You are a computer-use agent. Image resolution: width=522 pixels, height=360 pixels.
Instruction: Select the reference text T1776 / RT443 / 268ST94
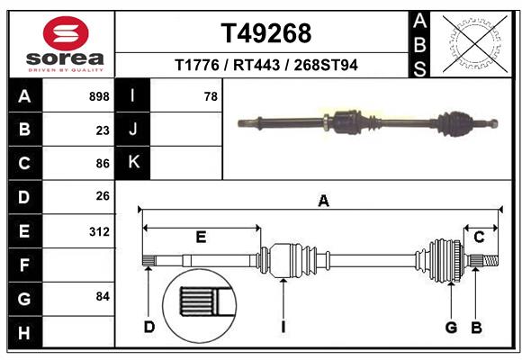click(x=265, y=65)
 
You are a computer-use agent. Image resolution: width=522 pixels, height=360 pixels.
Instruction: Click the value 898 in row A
click(x=99, y=96)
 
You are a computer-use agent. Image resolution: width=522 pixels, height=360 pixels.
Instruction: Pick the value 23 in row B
click(x=103, y=130)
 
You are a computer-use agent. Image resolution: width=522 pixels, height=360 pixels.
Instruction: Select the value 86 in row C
click(x=103, y=163)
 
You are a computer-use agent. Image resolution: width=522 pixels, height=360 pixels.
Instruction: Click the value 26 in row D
click(x=103, y=196)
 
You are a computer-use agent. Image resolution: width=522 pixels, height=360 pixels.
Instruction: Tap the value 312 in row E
click(x=99, y=230)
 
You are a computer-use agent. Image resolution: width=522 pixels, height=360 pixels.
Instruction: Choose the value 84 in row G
click(x=103, y=296)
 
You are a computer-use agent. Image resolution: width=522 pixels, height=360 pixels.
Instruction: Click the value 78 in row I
click(x=211, y=96)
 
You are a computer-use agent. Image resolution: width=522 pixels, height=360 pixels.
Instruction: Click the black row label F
click(x=24, y=265)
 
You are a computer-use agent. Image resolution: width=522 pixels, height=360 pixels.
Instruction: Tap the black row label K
click(x=133, y=163)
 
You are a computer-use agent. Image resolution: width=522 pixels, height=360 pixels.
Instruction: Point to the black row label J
click(x=133, y=130)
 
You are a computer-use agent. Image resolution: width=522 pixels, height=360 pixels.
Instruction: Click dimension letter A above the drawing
click(x=323, y=202)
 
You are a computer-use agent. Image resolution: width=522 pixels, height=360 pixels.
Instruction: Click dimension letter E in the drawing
click(x=201, y=237)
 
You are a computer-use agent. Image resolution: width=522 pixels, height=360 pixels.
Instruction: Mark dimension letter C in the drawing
click(x=480, y=237)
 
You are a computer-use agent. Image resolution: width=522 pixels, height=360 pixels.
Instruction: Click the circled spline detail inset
click(x=196, y=302)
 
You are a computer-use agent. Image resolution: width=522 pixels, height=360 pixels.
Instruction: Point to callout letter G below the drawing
click(x=452, y=326)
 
